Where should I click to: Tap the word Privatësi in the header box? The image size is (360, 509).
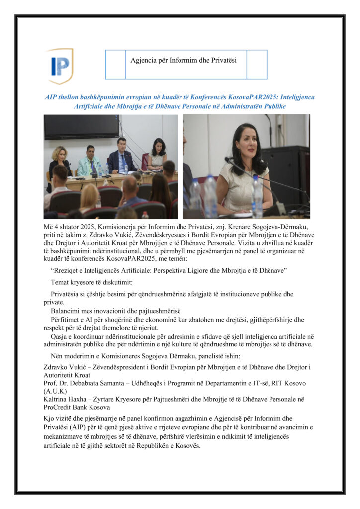click(x=222, y=60)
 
